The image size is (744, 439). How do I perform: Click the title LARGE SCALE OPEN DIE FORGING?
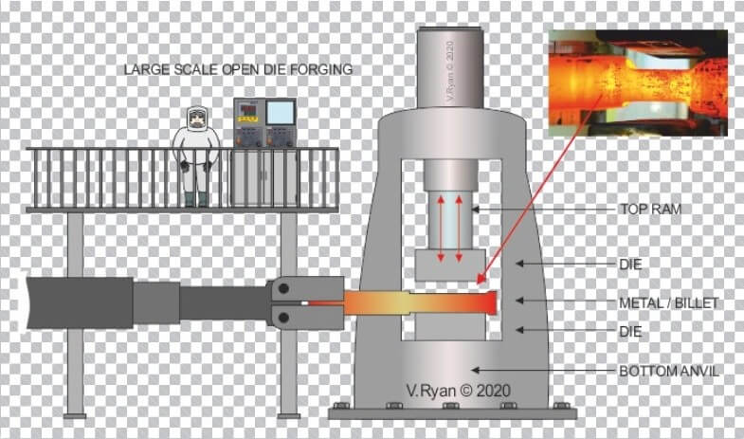pos(238,69)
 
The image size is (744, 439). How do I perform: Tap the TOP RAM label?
pos(650,209)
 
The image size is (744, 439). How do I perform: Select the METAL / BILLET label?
pos(668,302)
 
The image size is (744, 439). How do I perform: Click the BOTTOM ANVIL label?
pos(669,371)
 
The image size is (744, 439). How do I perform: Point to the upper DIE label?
pos(630,265)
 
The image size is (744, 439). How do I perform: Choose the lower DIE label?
pos(630,331)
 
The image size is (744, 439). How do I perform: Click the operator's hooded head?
pos(195,119)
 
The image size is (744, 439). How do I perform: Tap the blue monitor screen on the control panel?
pos(280,113)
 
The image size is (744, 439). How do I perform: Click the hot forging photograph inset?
pos(638,83)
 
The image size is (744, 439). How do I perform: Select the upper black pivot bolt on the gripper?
pos(283,288)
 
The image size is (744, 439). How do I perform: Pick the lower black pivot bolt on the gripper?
pos(283,317)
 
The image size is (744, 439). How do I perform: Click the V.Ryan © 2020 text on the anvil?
pos(459,391)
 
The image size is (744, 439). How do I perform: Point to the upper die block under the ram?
pos(450,265)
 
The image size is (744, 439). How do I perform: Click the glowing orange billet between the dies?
pos(420,303)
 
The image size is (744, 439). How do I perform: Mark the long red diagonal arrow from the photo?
pos(540,190)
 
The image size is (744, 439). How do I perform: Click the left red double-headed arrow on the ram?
pos(441,229)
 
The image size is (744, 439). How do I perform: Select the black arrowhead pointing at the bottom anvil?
pos(475,370)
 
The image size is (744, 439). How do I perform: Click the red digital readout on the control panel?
pos(249,110)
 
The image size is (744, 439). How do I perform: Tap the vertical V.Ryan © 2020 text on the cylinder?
pos(450,71)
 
